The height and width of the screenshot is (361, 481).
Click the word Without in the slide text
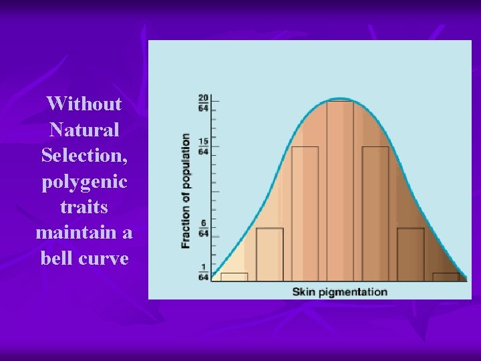click(84, 104)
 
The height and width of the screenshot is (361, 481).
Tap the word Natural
click(84, 129)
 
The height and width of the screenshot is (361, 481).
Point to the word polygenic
click(84, 181)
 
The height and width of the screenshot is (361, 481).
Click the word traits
click(84, 207)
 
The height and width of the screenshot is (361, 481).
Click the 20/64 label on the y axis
click(202, 102)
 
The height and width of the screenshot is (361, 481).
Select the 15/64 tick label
click(202, 147)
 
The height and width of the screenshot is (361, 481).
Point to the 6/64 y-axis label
click(202, 229)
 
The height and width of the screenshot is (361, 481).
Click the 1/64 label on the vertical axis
click(202, 273)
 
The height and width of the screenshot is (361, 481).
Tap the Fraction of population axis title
click(186, 191)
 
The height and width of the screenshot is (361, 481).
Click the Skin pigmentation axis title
click(339, 291)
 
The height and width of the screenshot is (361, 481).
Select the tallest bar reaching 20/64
click(340, 191)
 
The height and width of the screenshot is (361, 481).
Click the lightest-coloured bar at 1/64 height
click(234, 276)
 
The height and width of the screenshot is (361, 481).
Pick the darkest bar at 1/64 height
click(446, 276)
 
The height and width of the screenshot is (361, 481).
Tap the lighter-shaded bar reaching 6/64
click(270, 254)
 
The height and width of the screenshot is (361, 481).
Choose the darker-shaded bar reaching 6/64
click(410, 254)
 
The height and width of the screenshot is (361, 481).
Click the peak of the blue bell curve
click(340, 99)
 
